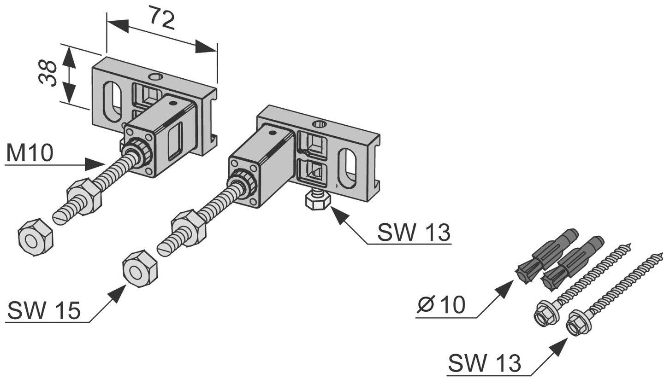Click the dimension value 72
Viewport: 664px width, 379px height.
point(162,19)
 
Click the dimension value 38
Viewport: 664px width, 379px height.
point(48,73)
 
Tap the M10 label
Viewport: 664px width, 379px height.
point(30,153)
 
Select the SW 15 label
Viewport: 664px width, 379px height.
point(44,311)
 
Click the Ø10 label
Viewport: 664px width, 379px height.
point(441,305)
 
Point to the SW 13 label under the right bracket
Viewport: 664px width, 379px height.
point(413,233)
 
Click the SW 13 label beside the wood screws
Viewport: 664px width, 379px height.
point(485,363)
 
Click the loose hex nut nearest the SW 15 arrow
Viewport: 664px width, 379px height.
point(140,268)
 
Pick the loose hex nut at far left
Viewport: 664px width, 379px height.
point(35,236)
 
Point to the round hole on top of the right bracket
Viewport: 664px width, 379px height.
point(318,123)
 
